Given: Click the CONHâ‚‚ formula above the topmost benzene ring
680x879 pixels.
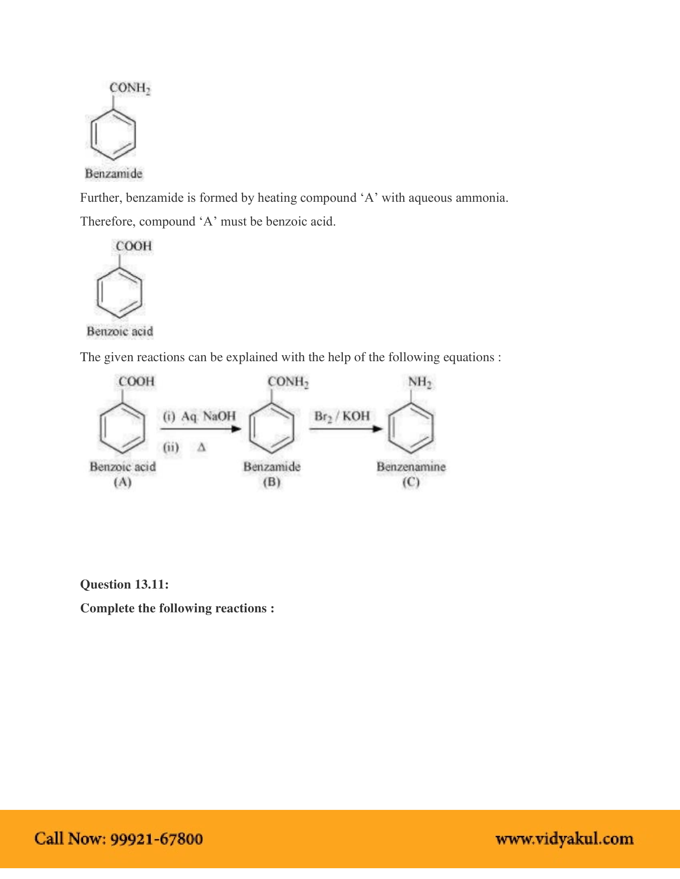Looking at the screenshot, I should [130, 88].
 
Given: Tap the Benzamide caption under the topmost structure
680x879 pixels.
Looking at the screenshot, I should [114, 173].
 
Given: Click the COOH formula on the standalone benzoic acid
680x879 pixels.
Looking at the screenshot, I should [134, 246].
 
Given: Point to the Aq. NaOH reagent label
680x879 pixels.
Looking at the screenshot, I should [208, 416].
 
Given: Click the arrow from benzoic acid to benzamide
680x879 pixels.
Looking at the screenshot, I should [200, 429].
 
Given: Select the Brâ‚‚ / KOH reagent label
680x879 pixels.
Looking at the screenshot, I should [342, 416].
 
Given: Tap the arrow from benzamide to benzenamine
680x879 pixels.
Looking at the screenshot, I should [346, 429].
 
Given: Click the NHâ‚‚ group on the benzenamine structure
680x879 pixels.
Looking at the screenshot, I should [419, 382].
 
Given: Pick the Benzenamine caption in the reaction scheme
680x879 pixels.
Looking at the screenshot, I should [411, 467].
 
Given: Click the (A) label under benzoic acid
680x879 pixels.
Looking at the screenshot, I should [122, 482].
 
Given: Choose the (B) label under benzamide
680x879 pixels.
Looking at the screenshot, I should [272, 482].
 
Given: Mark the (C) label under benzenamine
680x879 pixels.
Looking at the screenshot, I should [411, 482].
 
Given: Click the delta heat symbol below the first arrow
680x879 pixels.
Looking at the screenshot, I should [202, 447].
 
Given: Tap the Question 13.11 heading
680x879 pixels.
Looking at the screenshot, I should [124, 584].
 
